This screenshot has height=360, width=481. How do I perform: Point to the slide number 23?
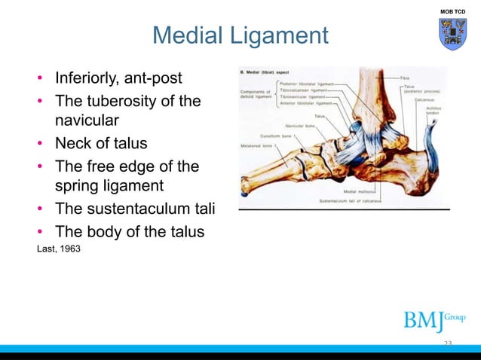448,343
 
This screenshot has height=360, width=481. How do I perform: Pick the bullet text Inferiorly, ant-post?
118,78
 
